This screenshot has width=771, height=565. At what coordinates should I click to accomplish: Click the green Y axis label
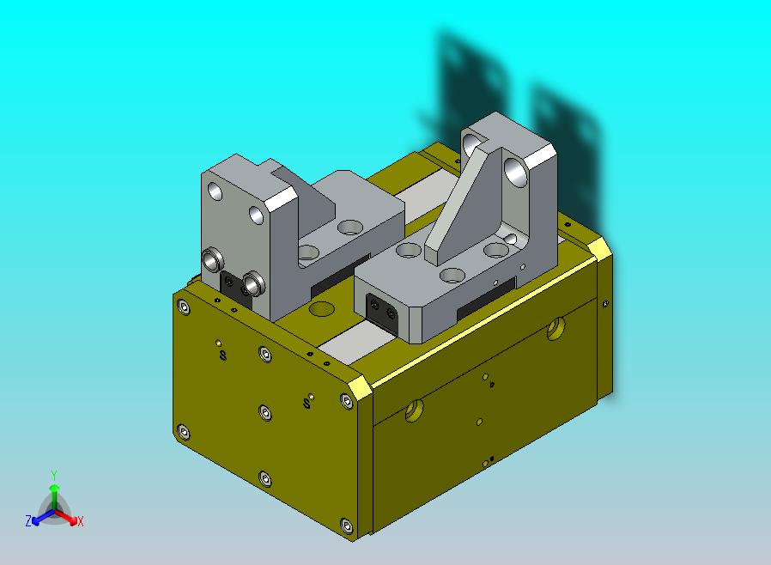pyautogui.click(x=54, y=476)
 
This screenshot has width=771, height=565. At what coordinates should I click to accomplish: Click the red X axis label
pyautogui.click(x=81, y=521)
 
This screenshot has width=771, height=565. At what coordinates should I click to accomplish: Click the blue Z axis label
pyautogui.click(x=28, y=520)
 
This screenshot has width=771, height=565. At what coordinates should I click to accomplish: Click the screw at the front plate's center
pyautogui.click(x=265, y=412)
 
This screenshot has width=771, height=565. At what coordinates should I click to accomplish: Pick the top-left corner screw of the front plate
pyautogui.click(x=184, y=307)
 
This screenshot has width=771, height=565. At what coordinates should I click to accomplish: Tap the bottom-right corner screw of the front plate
pyautogui.click(x=347, y=526)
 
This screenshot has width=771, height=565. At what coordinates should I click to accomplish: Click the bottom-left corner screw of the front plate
pyautogui.click(x=184, y=432)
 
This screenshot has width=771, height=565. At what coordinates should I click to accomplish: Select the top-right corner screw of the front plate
pyautogui.click(x=347, y=401)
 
